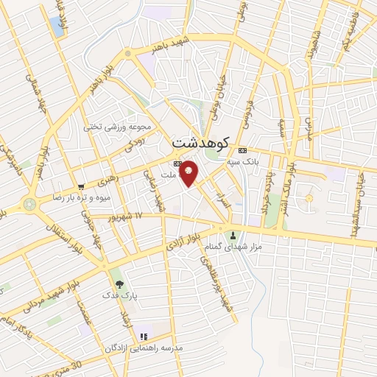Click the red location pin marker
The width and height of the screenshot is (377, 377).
(x=189, y=172)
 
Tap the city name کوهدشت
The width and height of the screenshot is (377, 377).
(x=201, y=141)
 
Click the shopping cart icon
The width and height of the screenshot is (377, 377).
(x=80, y=186)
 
